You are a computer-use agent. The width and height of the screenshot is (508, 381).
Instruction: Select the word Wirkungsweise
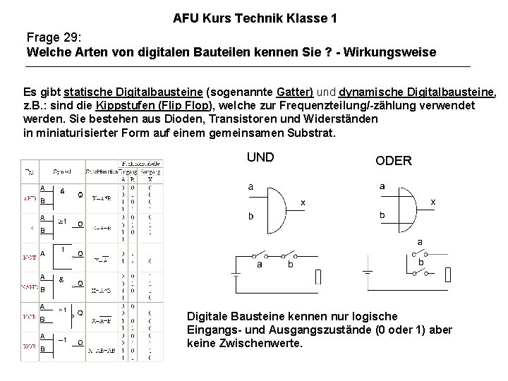(x=398, y=52)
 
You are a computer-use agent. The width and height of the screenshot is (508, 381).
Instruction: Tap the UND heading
(x=260, y=157)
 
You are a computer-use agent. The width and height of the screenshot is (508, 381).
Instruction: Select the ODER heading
(x=394, y=161)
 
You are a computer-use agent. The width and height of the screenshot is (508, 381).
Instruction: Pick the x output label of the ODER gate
(x=433, y=201)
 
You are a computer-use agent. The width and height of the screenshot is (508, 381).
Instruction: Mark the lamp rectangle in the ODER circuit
(x=449, y=274)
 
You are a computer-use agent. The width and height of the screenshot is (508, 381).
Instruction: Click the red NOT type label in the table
(x=29, y=258)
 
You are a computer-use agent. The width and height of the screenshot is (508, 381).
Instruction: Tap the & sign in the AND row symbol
(x=63, y=190)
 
